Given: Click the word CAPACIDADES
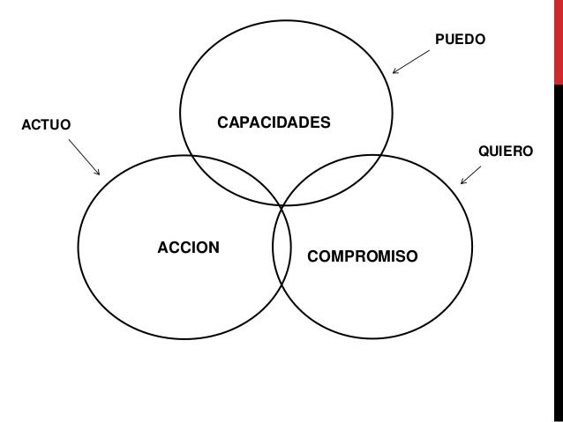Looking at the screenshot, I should coord(274,121).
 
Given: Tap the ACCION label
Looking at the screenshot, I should coord(188,246).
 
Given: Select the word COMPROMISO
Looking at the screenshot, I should coord(363,256).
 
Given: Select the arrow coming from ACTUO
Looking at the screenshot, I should coord(83,155).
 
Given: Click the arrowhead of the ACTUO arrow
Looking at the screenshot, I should coord(99,173).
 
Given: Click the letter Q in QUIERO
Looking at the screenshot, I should coord(484,152).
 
